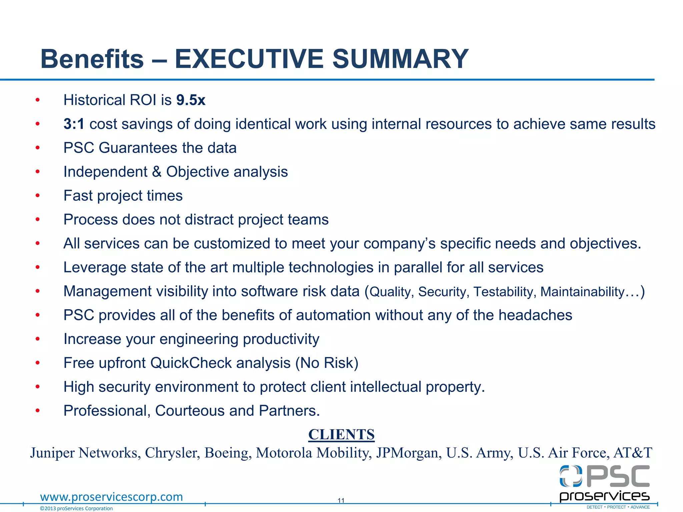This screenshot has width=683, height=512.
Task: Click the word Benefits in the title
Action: tap(92, 59)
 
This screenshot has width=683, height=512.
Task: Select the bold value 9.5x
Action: tap(191, 100)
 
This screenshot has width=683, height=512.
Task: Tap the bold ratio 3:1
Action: tap(74, 124)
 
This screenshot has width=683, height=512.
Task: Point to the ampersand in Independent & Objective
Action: tap(156, 172)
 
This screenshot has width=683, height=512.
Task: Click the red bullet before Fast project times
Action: tap(38, 196)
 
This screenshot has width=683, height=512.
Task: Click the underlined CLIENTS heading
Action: tap(341, 435)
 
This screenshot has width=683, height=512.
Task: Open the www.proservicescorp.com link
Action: tap(111, 497)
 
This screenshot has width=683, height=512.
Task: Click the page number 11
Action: tap(341, 500)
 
